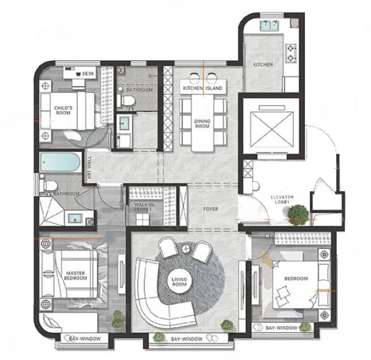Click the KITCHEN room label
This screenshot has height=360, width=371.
pyautogui.click(x=263, y=65)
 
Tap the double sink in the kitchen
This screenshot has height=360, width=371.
pyautogui.click(x=270, y=25)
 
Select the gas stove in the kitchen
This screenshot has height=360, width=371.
pyautogui.click(x=291, y=53)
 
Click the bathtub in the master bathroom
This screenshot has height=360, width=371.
pyautogui.click(x=60, y=162)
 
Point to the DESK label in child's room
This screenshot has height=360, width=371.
pyautogui.click(x=88, y=74)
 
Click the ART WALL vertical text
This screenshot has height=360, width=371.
pyautogui.click(x=89, y=167)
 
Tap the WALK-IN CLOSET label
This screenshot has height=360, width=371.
pyautogui.click(x=144, y=207)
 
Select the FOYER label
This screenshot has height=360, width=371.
pyautogui.click(x=211, y=209)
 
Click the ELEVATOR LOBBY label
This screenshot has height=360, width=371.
pyautogui.click(x=282, y=200)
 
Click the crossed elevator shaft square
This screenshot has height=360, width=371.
pyautogui.click(x=271, y=130)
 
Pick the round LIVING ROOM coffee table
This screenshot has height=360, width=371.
pyautogui.click(x=179, y=281)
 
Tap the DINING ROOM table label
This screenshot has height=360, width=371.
pyautogui.click(x=202, y=124)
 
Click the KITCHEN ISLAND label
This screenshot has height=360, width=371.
pyautogui.click(x=202, y=88)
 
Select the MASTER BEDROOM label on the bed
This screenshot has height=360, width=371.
pyautogui.click(x=75, y=276)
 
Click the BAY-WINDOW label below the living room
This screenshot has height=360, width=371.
pyautogui.click(x=186, y=339)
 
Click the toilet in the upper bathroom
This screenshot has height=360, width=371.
pyautogui.click(x=126, y=101)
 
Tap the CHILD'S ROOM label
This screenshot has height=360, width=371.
pyautogui.click(x=63, y=110)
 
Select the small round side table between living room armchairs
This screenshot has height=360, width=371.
pyautogui.click(x=186, y=248)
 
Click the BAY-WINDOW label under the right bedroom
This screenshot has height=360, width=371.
pyautogui.click(x=282, y=328)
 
